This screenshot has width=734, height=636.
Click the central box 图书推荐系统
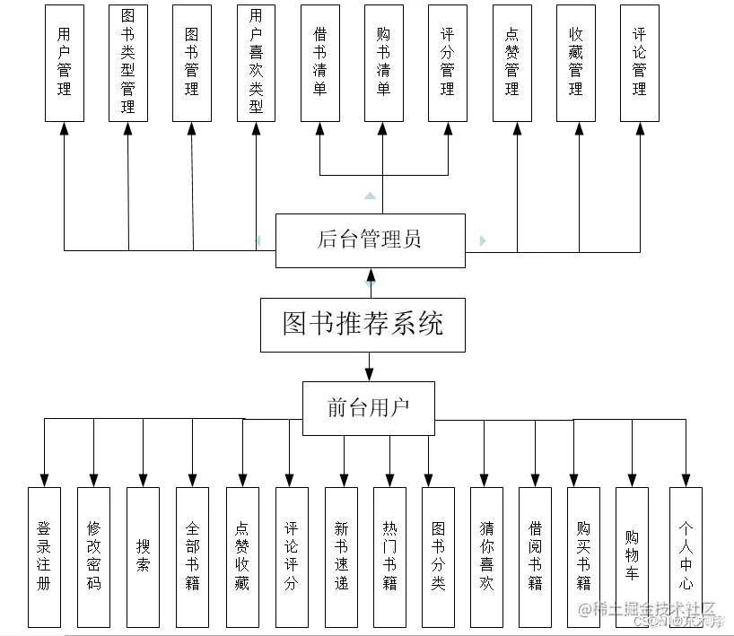[363, 325]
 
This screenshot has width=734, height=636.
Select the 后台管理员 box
[370, 240]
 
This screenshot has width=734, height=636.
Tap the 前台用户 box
[368, 408]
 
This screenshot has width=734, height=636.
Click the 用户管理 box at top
[64, 63]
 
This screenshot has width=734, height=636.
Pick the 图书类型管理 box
[127, 63]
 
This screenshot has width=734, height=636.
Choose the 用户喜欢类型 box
[256, 63]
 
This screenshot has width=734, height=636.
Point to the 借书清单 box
[319, 63]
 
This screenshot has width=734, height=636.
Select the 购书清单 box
[383, 63]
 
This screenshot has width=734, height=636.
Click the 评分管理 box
[447, 63]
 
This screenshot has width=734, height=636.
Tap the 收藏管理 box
[575, 63]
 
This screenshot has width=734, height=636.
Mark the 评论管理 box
[639, 63]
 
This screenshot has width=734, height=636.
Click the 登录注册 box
[44, 556]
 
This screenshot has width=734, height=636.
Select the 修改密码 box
[93, 556]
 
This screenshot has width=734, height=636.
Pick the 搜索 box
[143, 556]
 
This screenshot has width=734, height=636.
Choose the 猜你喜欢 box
[486, 556]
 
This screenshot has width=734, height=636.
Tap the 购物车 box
[632, 556]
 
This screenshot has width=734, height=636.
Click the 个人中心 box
[686, 556]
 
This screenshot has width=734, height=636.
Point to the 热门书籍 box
[389, 556]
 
